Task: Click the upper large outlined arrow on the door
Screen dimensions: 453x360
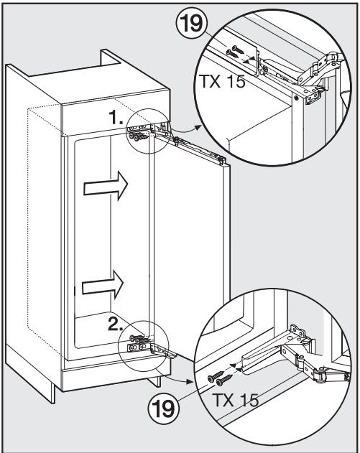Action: (105, 188)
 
